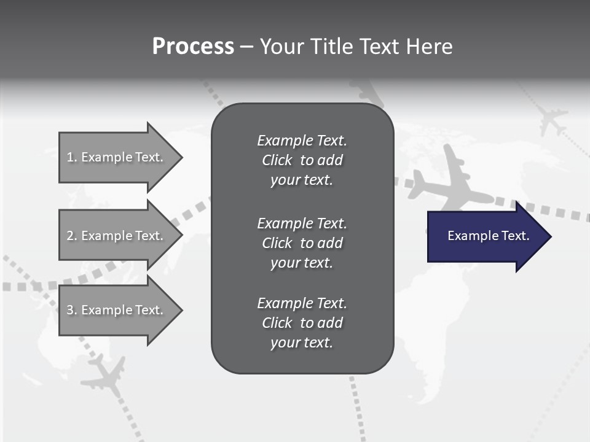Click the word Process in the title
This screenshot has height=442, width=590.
[193, 47]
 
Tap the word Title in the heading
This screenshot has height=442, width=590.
[331, 47]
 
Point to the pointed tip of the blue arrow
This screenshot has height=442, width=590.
[549, 236]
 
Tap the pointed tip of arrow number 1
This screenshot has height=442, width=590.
[181, 157]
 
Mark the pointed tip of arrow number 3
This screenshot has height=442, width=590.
[181, 310]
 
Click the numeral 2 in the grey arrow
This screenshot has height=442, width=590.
[70, 236]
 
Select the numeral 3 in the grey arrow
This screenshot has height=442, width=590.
[70, 310]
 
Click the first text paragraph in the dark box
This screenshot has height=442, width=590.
[302, 160]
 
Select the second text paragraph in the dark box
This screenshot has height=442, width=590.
[302, 243]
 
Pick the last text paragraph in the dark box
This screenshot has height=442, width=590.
[302, 323]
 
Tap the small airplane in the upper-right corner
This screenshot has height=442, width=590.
[551, 118]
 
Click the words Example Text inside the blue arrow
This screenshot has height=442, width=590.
[488, 236]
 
